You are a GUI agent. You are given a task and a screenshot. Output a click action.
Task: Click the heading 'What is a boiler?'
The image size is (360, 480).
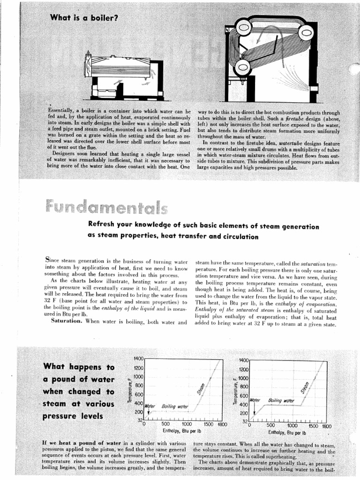(84, 18)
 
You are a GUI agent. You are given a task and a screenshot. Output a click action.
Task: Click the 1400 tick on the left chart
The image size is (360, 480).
(138, 359)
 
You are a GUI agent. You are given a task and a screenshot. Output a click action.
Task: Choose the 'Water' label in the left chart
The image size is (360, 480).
(150, 405)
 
